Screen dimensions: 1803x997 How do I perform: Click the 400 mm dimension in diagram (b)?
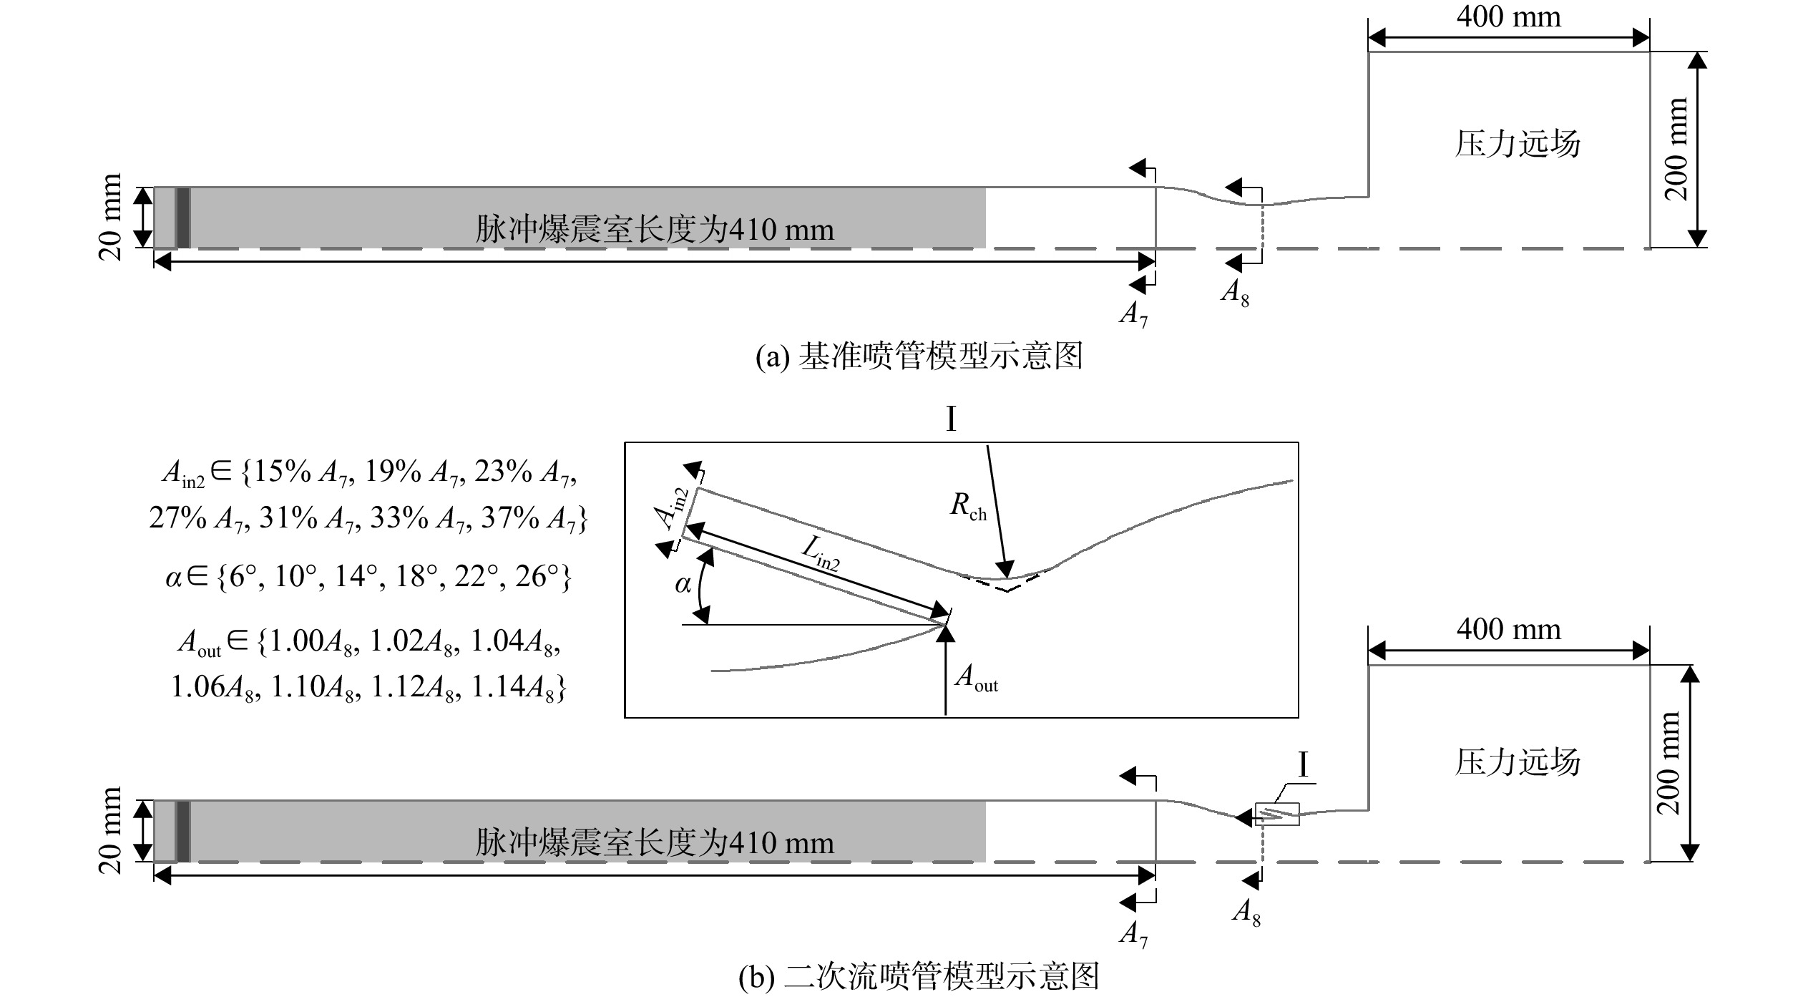point(1508,629)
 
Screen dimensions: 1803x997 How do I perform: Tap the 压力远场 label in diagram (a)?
point(1518,144)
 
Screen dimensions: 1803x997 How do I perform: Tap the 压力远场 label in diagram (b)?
point(1518,762)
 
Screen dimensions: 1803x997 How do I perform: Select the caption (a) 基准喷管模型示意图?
point(919,356)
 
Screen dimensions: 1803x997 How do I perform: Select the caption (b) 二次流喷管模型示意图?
point(919,976)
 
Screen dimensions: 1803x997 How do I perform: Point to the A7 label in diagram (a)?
point(1133,314)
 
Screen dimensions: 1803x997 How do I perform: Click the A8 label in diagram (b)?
point(1246,913)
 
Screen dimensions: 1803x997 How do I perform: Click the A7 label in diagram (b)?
point(1133,935)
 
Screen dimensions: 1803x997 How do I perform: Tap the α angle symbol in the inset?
point(683,585)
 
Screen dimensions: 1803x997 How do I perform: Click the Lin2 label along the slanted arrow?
point(821,553)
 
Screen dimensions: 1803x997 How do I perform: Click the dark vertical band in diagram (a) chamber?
point(183,218)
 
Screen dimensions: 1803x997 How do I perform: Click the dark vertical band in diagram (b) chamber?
point(183,831)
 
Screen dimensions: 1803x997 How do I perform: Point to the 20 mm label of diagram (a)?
point(111,217)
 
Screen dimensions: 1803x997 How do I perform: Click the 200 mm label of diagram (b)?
point(1668,763)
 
